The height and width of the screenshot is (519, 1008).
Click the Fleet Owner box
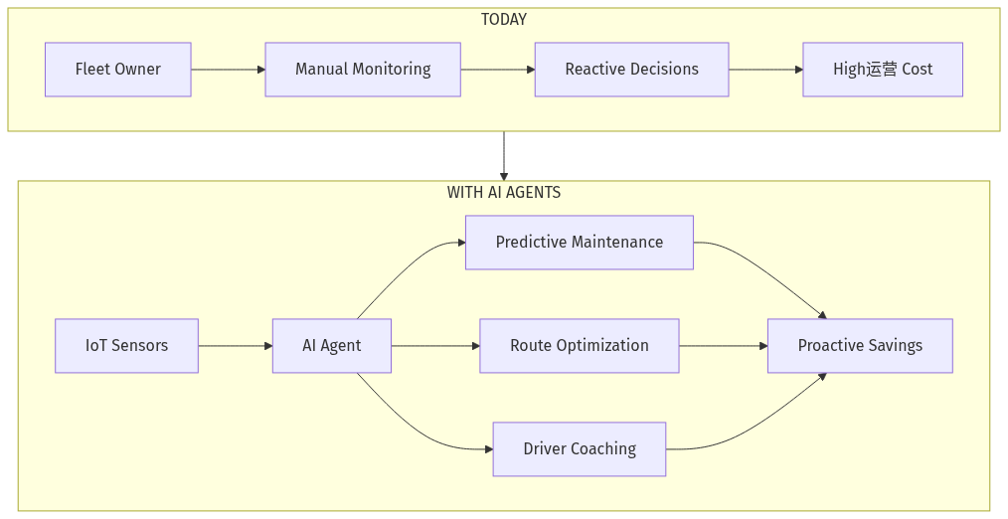pyautogui.click(x=117, y=70)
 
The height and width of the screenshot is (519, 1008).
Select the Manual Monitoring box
pyautogui.click(x=363, y=70)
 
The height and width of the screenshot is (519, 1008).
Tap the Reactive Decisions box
pyautogui.click(x=631, y=70)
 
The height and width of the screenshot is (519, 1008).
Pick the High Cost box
pyautogui.click(x=883, y=70)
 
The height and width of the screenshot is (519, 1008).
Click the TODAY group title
pyautogui.click(x=504, y=20)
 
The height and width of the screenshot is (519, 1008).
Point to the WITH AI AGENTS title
pyautogui.click(x=504, y=193)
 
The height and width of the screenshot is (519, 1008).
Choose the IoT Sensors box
pyautogui.click(x=126, y=346)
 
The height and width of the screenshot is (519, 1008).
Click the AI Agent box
pyautogui.click(x=332, y=346)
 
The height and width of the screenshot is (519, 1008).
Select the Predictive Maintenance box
pyautogui.click(x=580, y=243)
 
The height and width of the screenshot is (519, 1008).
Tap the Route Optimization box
pyautogui.click(x=580, y=346)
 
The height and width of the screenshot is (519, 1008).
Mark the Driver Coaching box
pyautogui.click(x=580, y=449)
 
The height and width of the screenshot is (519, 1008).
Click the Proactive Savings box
pyautogui.click(x=860, y=346)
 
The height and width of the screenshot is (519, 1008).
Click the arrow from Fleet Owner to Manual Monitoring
pyautogui.click(x=228, y=70)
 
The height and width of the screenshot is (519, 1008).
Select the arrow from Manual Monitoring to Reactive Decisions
pyautogui.click(x=497, y=70)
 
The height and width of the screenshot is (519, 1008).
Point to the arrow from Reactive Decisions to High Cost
pyautogui.click(x=765, y=70)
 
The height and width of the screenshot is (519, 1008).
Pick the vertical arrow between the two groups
pyautogui.click(x=504, y=156)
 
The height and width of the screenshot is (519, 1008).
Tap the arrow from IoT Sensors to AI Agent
pyautogui.click(x=236, y=346)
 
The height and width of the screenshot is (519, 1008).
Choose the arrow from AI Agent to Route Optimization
pyautogui.click(x=435, y=346)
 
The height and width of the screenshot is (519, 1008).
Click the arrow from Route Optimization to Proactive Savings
pyautogui.click(x=723, y=346)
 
